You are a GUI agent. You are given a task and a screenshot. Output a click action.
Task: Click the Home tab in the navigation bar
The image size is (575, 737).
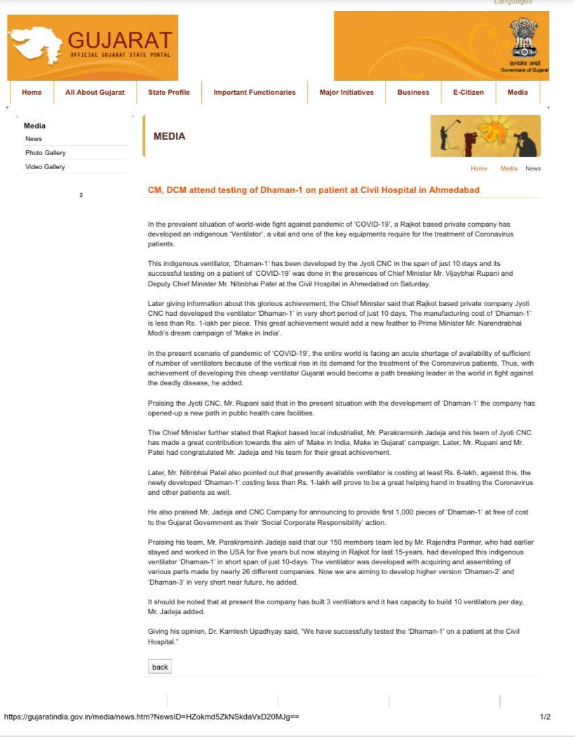[32, 92]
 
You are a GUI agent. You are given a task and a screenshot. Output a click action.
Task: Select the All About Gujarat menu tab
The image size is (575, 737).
[95, 92]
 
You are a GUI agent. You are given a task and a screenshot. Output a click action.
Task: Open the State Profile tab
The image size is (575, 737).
[169, 92]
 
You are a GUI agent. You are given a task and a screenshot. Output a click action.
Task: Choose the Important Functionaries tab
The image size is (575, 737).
[255, 92]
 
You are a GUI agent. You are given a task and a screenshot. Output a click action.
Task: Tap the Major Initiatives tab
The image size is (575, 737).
[346, 92]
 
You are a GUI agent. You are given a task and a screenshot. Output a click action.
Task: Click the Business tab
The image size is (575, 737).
[413, 92]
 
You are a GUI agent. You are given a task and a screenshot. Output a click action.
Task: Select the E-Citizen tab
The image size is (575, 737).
[468, 92]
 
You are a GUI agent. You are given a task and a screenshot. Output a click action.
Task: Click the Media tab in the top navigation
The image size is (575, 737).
[517, 92]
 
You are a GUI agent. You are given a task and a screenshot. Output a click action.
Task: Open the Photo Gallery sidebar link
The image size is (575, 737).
[46, 152]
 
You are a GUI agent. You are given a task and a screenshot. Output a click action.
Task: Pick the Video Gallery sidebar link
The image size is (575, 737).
[45, 166]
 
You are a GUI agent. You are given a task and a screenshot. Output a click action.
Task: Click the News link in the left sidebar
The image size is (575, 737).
[34, 138]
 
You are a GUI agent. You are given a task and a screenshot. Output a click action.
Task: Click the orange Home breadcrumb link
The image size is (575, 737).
[479, 168]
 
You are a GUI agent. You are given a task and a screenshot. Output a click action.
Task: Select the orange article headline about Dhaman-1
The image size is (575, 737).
[313, 190]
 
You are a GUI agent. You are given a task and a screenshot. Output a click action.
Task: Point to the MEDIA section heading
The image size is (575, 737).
[170, 136]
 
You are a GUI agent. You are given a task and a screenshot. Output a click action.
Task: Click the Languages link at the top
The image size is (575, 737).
[513, 2]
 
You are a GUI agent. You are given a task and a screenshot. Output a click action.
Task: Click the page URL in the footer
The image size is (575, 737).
[151, 717]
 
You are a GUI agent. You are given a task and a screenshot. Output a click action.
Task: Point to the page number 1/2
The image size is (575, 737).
[545, 717]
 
